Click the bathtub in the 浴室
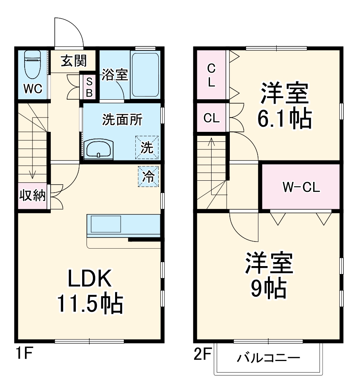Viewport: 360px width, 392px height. [x=145, y=74]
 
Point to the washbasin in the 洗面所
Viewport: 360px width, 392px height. [x=98, y=149]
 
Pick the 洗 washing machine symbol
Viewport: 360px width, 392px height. [x=146, y=147]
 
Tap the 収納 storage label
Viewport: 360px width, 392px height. [x=33, y=196]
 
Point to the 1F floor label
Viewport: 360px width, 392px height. [x=23, y=353]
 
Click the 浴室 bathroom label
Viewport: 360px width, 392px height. [x=115, y=75]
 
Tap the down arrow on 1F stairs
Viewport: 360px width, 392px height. [x=33, y=173]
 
